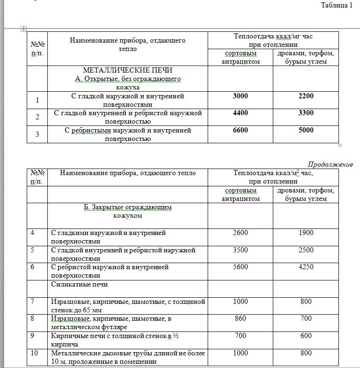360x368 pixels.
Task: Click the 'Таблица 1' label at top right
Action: [336, 5]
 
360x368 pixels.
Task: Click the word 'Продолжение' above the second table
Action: [330, 164]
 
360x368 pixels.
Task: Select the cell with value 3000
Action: [240, 96]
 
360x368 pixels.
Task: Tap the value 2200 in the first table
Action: [305, 96]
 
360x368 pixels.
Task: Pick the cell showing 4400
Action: [240, 113]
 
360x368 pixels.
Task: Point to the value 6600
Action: [240, 130]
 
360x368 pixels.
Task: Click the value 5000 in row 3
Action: [305, 130]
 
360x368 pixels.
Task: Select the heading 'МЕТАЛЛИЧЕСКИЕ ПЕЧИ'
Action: [128, 70]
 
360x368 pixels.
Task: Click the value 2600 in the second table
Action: [240, 233]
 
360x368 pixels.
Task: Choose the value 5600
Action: [240, 267]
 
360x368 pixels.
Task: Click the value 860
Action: [240, 319]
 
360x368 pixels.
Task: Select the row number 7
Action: [32, 302]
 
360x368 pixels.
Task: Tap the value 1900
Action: [306, 233]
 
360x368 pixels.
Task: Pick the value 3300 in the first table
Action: [305, 113]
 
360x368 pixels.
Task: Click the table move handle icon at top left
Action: [23, 29]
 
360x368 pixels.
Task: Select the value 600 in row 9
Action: [306, 336]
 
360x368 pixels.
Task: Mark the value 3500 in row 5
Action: [240, 250]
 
